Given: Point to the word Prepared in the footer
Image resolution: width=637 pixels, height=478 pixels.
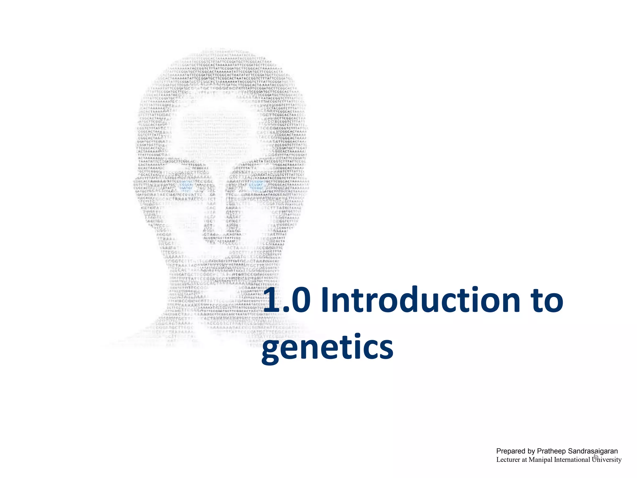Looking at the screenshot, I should (x=510, y=451).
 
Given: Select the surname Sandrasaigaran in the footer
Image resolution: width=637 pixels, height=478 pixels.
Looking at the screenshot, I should (x=593, y=451).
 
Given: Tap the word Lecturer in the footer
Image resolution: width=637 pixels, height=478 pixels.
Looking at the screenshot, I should (x=508, y=460).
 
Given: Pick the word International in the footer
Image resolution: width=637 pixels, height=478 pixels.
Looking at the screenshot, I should (x=572, y=460).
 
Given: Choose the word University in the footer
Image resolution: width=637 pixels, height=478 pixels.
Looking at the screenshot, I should (x=607, y=460).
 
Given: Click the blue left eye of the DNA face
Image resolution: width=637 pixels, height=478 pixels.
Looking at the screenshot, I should (x=187, y=186).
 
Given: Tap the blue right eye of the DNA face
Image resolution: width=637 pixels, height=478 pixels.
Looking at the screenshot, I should (x=257, y=186).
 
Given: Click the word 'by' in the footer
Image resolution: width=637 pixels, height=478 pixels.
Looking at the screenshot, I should (x=531, y=451).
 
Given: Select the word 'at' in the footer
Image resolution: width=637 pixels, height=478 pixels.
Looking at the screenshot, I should (x=524, y=460).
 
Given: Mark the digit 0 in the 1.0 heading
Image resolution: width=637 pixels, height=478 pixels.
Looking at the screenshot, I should (x=298, y=300).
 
